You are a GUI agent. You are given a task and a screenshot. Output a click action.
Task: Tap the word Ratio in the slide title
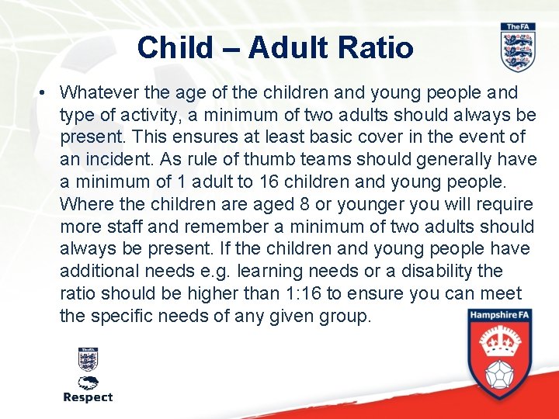380,47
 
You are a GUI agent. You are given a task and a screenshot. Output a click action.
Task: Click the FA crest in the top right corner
517,47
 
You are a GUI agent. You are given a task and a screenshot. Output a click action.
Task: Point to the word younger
364,204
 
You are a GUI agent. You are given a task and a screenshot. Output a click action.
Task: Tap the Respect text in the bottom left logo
88,397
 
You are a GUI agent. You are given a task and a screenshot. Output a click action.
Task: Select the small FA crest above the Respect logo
88,358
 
